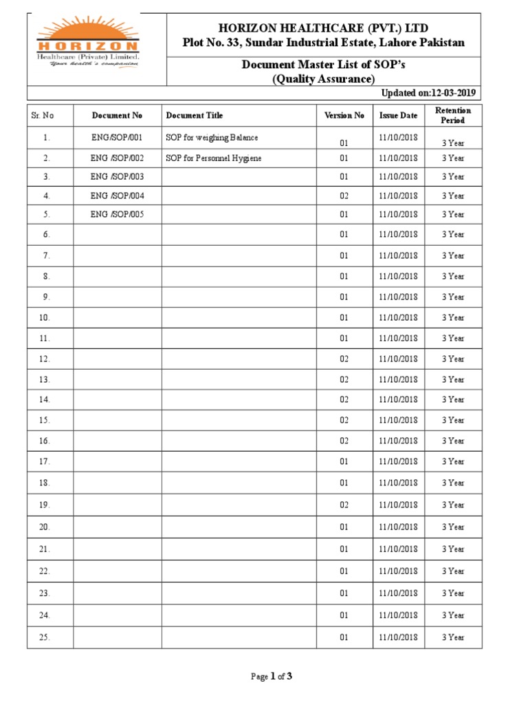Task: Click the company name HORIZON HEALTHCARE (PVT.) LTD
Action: (x=323, y=28)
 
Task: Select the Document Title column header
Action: (x=195, y=116)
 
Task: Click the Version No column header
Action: (x=344, y=116)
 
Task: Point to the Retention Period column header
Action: (x=453, y=116)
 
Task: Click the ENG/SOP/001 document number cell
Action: (x=117, y=138)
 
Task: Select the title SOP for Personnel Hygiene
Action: (x=213, y=158)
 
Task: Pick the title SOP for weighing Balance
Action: (x=212, y=138)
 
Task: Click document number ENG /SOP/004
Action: (x=117, y=196)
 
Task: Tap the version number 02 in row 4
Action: (x=344, y=196)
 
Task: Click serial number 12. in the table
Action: (x=45, y=359)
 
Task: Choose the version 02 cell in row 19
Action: (x=344, y=505)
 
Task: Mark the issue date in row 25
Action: (x=398, y=638)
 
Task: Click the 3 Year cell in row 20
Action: (x=453, y=527)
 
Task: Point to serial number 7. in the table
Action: (x=46, y=255)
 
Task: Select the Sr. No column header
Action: (x=43, y=116)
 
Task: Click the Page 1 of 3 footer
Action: (x=272, y=677)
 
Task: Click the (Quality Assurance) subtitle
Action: (x=323, y=79)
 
